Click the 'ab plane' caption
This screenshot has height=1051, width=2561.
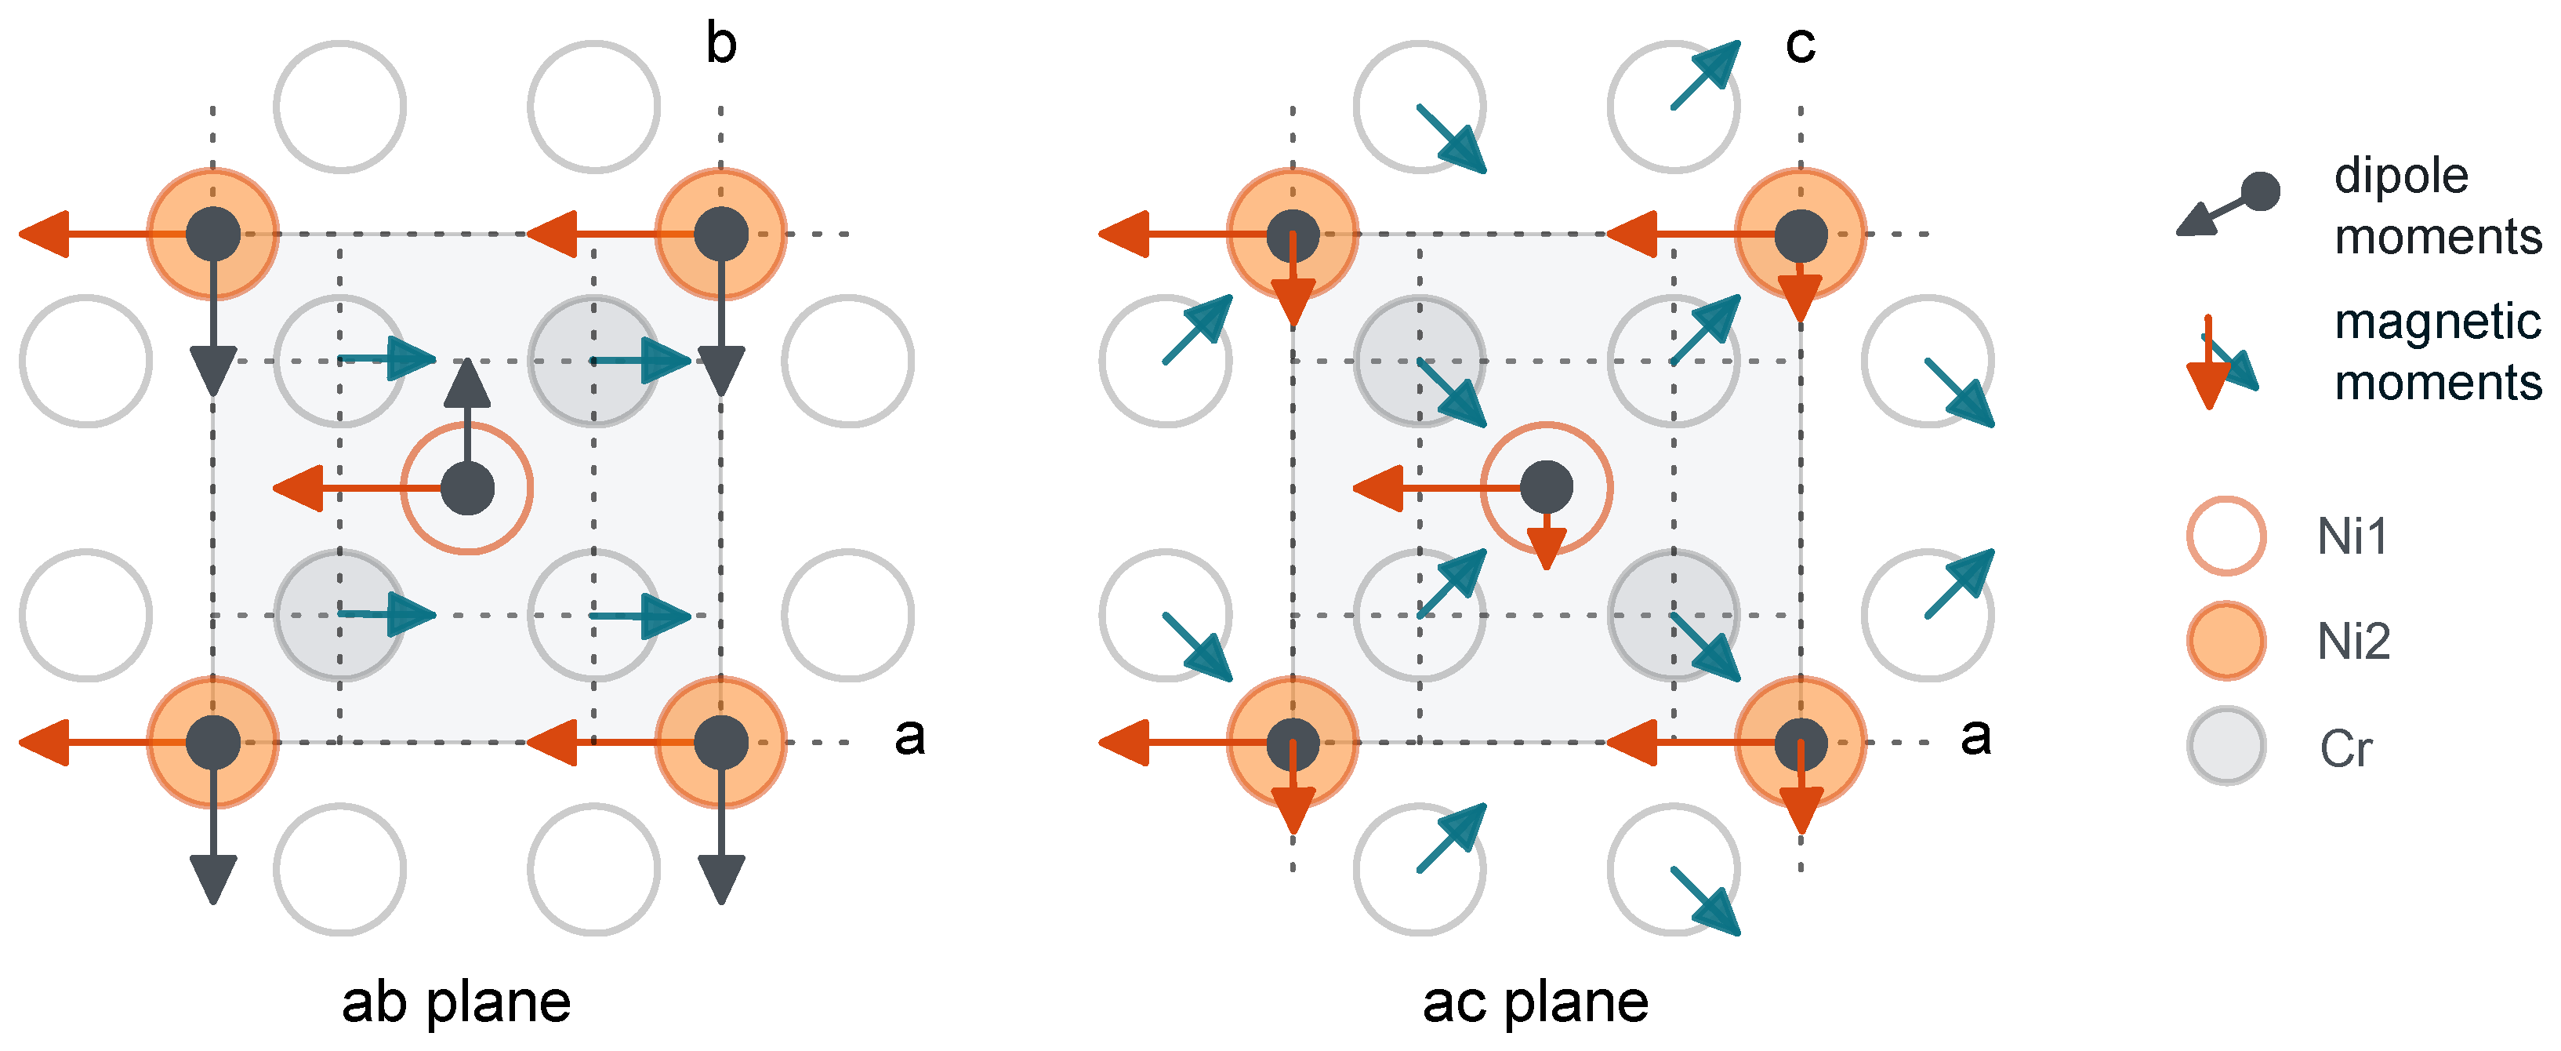tap(456, 1002)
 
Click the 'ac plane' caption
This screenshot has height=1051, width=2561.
tap(1535, 1002)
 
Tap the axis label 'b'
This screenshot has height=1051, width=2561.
tap(720, 45)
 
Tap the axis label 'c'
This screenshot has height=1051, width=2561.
tap(1801, 45)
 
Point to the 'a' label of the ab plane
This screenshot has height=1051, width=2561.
tap(909, 736)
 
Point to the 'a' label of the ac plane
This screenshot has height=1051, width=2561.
tap(1975, 736)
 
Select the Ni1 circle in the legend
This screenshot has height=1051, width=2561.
tap(2226, 536)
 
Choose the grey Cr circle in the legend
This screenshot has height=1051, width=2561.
tap(2226, 746)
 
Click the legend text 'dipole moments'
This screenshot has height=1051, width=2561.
tap(2436, 205)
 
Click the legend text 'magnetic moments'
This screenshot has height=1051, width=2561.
tap(2436, 352)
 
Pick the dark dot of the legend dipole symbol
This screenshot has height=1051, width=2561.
tap(2261, 191)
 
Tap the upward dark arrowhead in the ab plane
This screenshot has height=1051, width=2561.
tap(467, 383)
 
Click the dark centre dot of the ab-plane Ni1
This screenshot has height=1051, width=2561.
tap(467, 488)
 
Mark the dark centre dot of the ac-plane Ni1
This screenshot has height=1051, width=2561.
tap(1547, 487)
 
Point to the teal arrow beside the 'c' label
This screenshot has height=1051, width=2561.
tap(1706, 75)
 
